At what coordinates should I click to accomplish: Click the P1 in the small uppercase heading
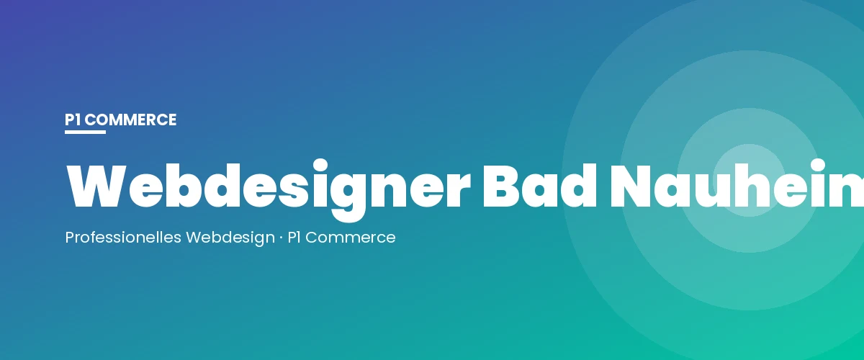tap(73, 120)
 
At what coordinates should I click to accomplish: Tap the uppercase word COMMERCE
tap(130, 120)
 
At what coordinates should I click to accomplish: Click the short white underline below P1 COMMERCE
tap(85, 132)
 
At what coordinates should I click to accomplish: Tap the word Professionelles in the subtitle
tap(123, 237)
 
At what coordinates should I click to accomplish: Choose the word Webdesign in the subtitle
tap(230, 237)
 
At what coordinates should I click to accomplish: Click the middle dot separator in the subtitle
tap(281, 237)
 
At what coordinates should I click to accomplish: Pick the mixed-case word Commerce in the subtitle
tap(351, 237)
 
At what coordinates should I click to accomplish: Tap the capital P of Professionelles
tap(69, 237)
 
